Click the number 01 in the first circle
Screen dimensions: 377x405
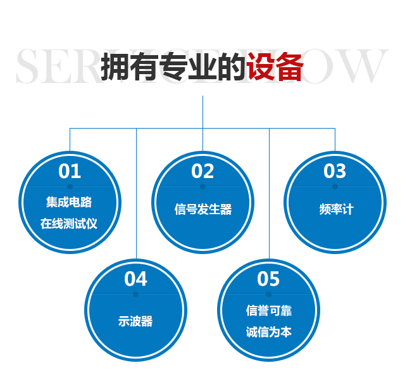70,171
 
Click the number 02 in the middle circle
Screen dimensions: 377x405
202,171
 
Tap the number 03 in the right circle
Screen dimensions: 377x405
335,171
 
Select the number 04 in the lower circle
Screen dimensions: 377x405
135,279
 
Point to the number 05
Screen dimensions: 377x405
268,279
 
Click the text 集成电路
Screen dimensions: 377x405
69,203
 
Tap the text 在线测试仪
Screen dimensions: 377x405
69,224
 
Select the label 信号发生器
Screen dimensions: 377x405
203,210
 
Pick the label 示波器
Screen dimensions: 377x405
135,321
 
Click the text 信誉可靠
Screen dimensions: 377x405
269,310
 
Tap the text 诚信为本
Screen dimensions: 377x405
269,331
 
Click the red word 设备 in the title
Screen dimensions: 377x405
275,67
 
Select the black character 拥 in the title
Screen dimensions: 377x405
115,67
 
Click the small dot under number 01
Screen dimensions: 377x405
70,187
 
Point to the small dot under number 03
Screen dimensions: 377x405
335,187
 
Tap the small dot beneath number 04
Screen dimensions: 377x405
135,294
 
